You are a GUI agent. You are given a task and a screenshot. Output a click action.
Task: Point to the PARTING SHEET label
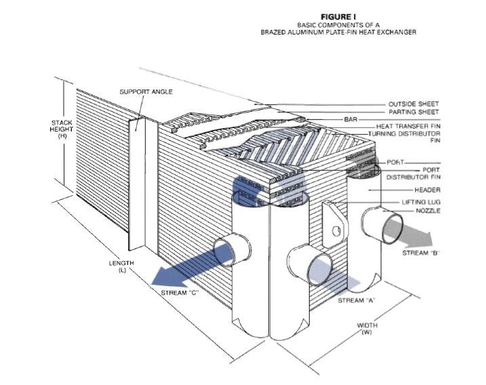413,112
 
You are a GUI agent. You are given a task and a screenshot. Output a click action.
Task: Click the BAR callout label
350,119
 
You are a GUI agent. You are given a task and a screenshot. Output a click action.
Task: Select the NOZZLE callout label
428,211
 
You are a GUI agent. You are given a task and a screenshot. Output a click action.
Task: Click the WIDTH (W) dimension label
367,329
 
